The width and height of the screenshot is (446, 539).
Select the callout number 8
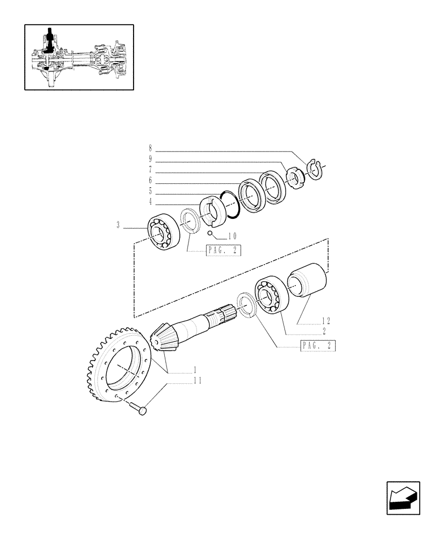click(150, 148)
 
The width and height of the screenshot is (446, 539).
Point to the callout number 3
click(117, 226)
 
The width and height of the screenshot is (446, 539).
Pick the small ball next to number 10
click(210, 233)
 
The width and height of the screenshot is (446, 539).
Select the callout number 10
click(232, 236)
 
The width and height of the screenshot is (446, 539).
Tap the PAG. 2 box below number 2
click(317, 347)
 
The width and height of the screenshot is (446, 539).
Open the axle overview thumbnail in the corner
click(79, 57)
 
